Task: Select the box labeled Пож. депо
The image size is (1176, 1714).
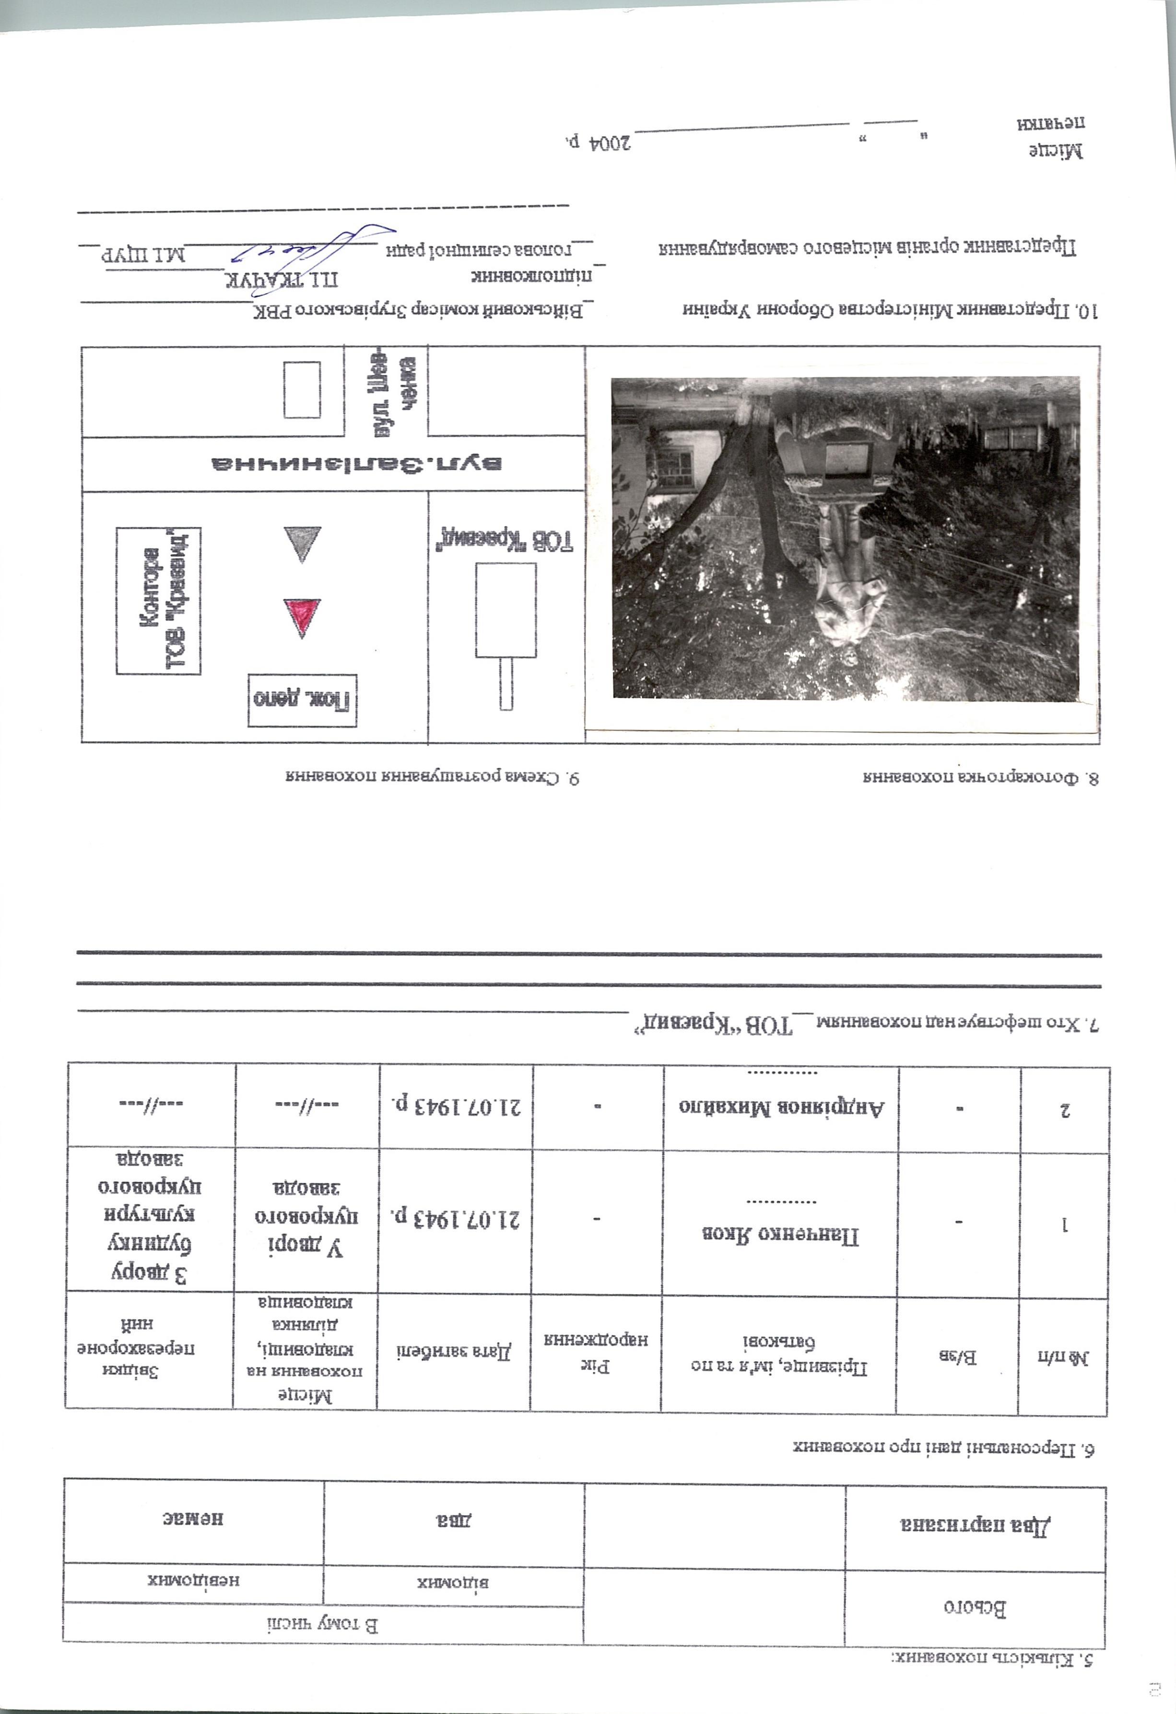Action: [x=302, y=699]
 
